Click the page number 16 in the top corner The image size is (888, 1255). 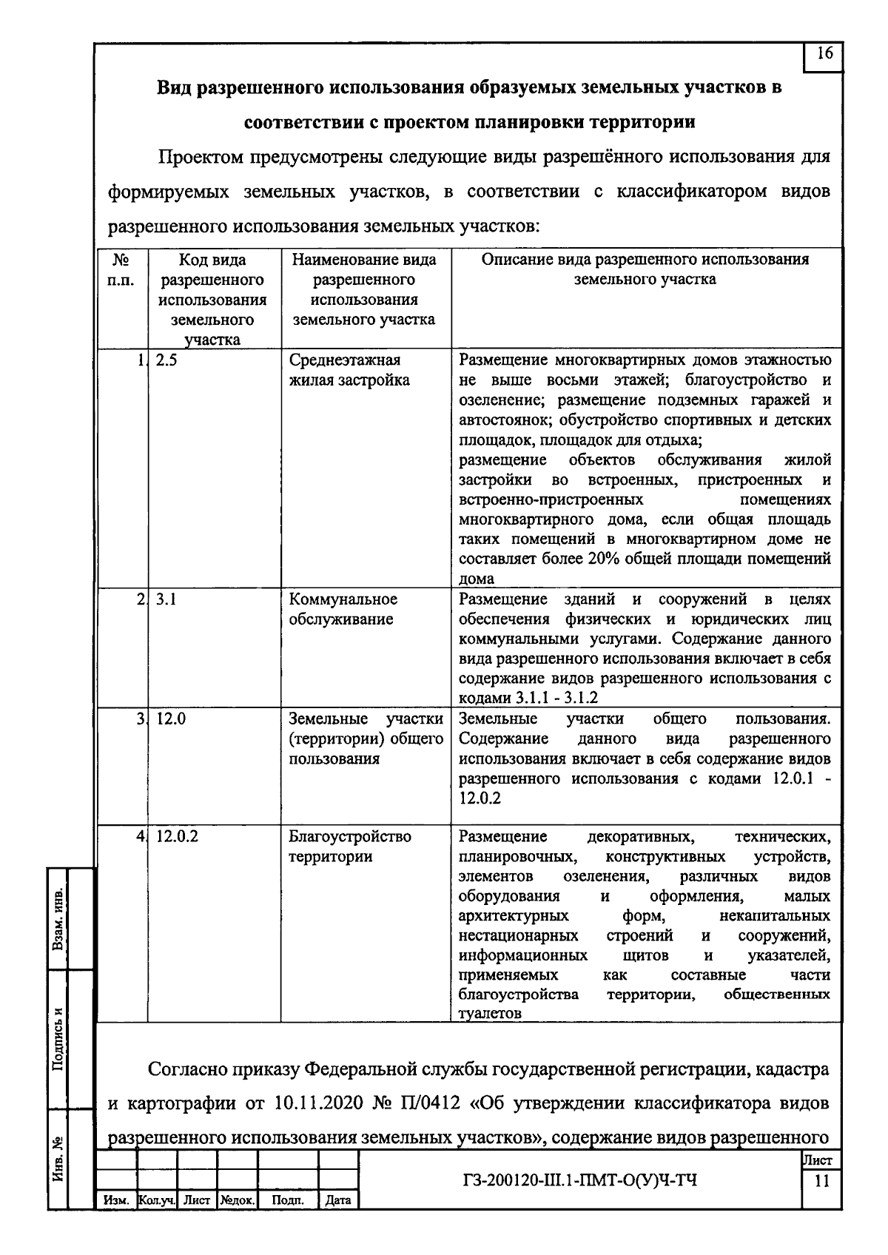(824, 53)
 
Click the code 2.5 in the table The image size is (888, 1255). (166, 360)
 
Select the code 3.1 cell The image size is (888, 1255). (166, 599)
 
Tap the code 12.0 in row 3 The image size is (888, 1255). (171, 719)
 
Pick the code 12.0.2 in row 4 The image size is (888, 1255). (177, 837)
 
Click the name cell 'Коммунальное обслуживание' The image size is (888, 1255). (343, 609)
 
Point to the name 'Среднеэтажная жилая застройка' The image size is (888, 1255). (349, 370)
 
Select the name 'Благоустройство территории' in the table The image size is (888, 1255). (349, 847)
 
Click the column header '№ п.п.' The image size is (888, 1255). (121, 270)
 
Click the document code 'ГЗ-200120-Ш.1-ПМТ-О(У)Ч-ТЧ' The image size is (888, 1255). (577, 1180)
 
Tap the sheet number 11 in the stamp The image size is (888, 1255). (821, 1182)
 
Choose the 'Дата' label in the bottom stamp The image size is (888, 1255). (338, 1200)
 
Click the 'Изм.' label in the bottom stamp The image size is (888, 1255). (116, 1200)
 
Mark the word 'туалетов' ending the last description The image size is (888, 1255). (490, 1014)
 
